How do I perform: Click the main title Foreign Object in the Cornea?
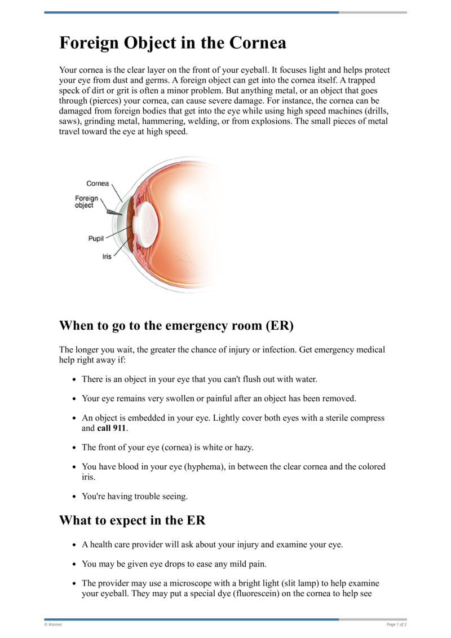click(x=173, y=43)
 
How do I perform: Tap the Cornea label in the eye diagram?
click(x=98, y=183)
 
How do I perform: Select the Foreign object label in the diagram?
click(x=86, y=202)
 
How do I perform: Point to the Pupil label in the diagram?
click(x=96, y=239)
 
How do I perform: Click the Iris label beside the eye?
click(x=107, y=256)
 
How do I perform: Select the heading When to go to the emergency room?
click(x=176, y=326)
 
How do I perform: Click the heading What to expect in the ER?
click(x=132, y=520)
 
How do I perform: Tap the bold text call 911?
click(x=112, y=428)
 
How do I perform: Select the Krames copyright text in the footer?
click(x=54, y=624)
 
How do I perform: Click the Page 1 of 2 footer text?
click(x=396, y=624)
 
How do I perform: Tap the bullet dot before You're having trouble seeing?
click(x=74, y=497)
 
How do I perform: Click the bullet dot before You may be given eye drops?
click(x=74, y=564)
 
